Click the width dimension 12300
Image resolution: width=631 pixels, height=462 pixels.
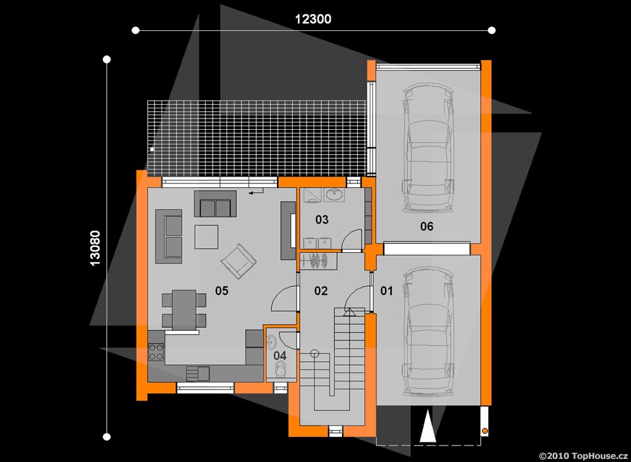(313, 19)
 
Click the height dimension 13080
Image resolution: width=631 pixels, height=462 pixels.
(95, 248)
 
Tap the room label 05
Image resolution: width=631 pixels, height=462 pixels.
(221, 291)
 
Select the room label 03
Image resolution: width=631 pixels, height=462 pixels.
(322, 219)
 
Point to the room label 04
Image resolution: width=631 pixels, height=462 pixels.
(280, 356)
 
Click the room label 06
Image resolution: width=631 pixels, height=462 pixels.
(427, 226)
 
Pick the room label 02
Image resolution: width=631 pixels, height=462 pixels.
(321, 291)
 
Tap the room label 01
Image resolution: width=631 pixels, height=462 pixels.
(386, 291)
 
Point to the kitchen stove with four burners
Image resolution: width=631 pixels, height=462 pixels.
(156, 352)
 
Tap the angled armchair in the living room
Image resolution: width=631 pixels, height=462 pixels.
(239, 261)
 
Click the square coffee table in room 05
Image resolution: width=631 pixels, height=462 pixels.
(206, 237)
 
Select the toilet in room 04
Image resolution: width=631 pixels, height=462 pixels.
(280, 369)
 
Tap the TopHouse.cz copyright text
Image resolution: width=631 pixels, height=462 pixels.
(583, 456)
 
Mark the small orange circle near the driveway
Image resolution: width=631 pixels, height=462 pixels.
(485, 431)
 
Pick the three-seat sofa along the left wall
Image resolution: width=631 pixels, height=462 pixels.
(169, 236)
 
